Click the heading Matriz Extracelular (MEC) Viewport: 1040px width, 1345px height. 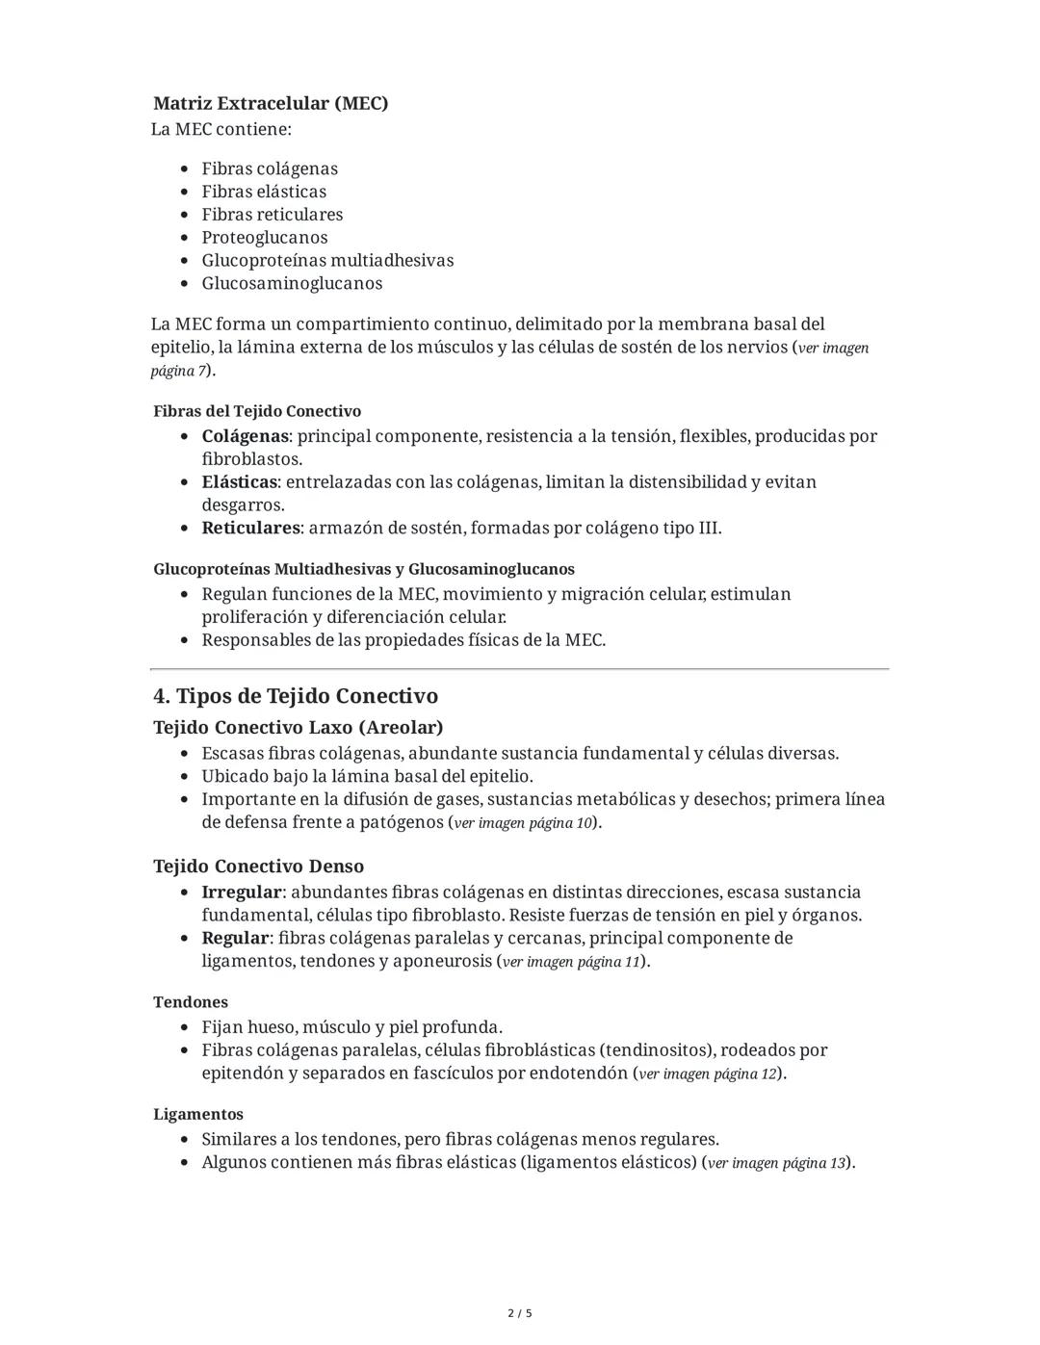[271, 103]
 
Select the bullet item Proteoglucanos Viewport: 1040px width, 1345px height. [264, 237]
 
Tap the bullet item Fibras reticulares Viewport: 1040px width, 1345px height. [272, 214]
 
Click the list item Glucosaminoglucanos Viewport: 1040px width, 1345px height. [291, 283]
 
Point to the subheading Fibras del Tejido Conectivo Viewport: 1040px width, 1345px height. [257, 411]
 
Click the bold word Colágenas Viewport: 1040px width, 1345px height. [244, 436]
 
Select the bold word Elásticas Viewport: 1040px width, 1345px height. [239, 481]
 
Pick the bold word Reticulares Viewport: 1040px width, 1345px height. [250, 528]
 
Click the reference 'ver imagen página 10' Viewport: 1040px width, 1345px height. [524, 823]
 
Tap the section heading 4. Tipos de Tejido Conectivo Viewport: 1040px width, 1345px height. [296, 696]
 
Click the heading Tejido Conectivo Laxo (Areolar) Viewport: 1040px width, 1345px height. [298, 727]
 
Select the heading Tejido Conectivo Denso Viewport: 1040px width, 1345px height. [258, 866]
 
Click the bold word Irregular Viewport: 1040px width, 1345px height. [241, 892]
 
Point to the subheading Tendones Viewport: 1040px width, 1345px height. [191, 1002]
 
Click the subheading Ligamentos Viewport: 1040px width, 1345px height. [198, 1114]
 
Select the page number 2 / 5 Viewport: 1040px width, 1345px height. [520, 1313]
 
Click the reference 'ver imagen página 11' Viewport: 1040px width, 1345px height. [572, 962]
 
